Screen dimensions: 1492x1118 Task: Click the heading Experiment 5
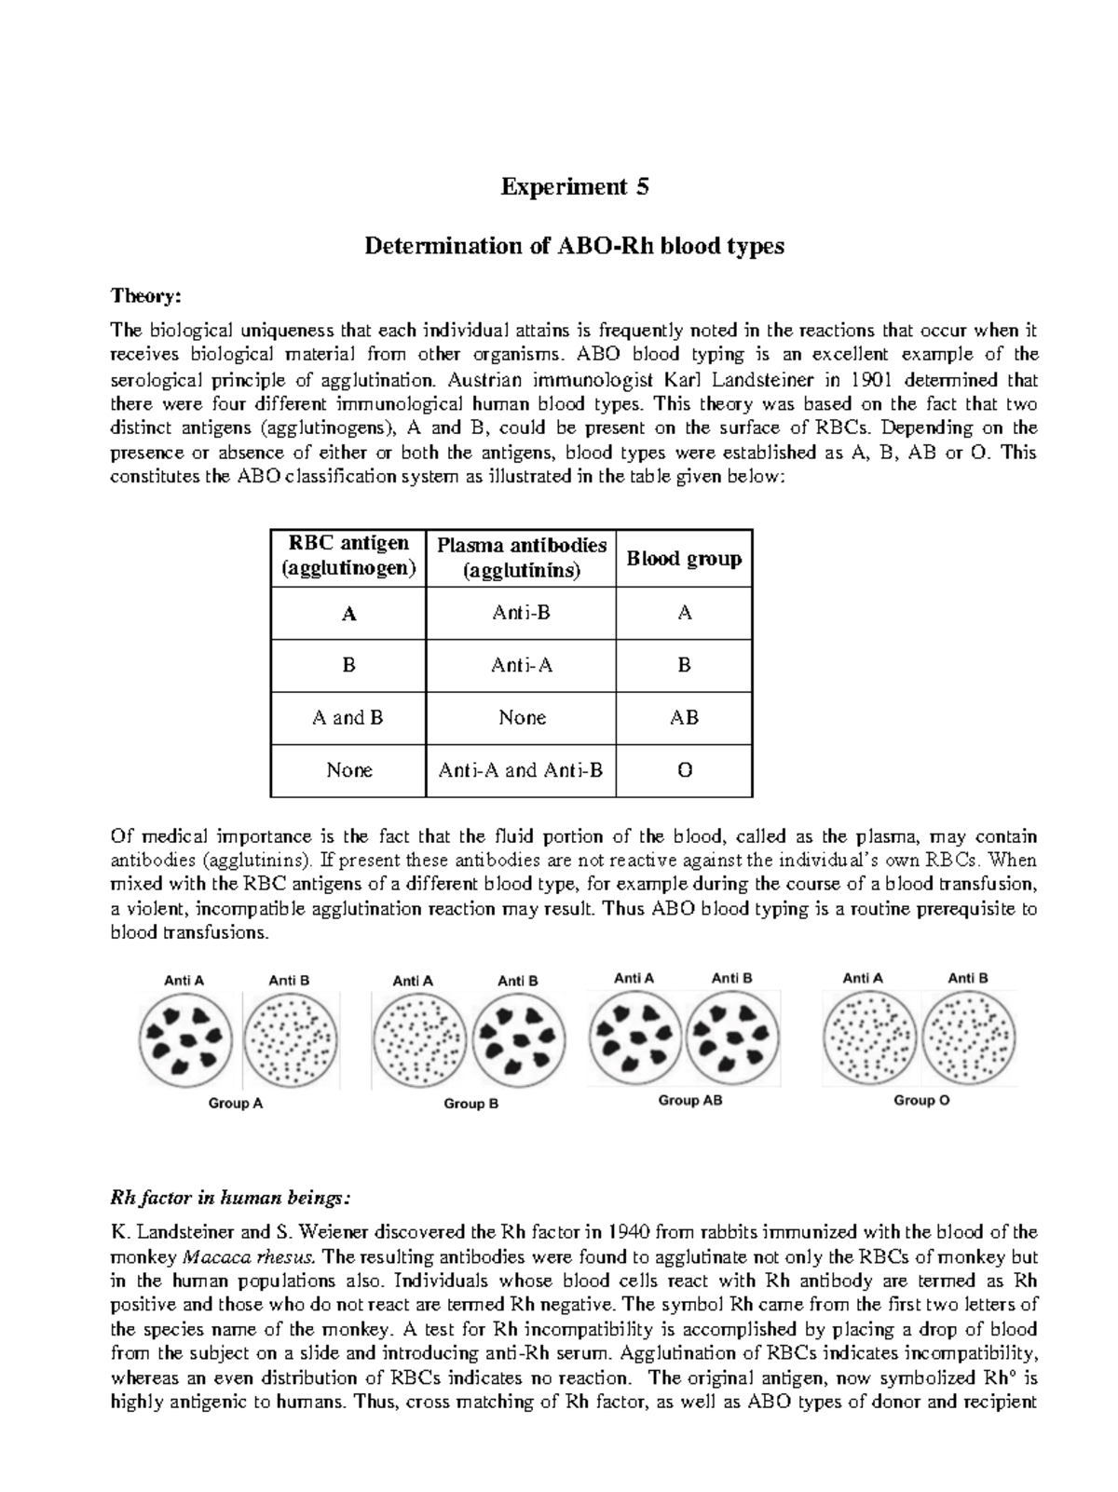575,187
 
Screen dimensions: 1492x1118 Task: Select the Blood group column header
684,559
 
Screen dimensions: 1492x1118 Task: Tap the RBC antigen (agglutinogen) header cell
348,556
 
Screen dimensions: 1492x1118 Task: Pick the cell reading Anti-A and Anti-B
521,770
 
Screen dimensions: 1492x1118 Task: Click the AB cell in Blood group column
684,718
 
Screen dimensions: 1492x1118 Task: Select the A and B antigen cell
348,718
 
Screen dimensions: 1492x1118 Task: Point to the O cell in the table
684,770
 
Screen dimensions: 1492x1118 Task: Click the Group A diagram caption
236,1104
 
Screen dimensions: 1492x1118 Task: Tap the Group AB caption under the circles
690,1101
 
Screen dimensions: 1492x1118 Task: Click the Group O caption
921,1101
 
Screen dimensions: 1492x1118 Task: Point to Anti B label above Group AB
731,978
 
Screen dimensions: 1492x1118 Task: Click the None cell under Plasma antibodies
521,718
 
